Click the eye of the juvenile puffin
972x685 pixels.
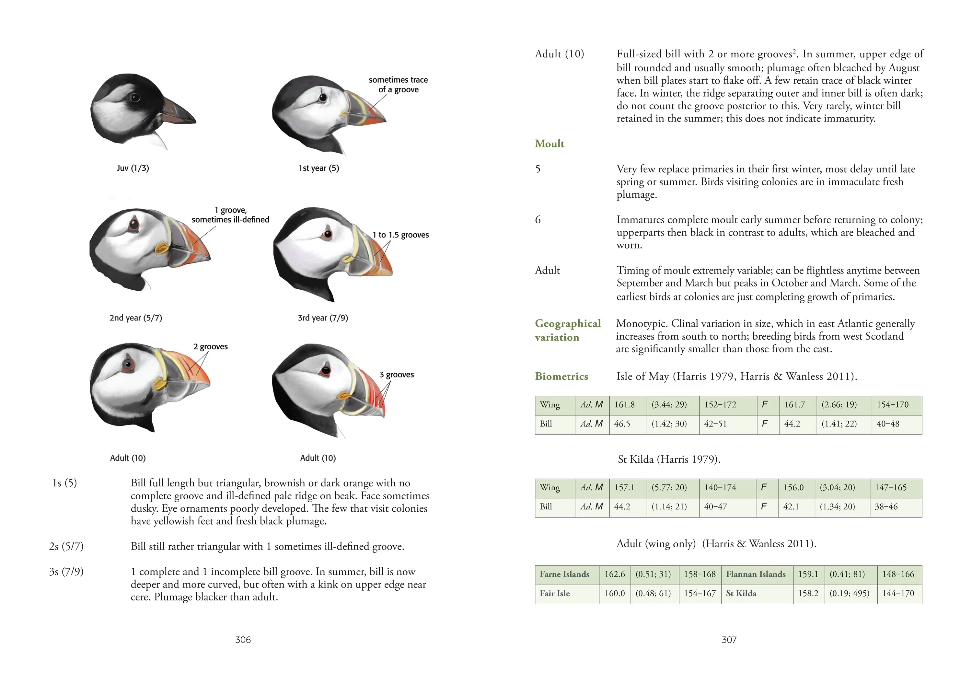[135, 98]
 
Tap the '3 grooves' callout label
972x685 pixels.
[396, 375]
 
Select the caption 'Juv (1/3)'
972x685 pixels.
[133, 168]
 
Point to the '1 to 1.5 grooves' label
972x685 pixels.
[400, 235]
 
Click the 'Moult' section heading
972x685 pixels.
[549, 144]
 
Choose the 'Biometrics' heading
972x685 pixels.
[561, 377]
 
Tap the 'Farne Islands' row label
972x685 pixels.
[564, 575]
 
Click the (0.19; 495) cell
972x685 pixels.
[849, 594]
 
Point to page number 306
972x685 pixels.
[243, 640]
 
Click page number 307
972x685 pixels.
[729, 640]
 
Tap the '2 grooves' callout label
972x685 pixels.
[210, 347]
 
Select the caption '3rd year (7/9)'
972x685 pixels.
[323, 318]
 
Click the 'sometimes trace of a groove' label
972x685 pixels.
[398, 85]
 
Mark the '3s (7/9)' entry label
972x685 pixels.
[66, 572]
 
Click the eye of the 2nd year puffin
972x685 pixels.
[134, 224]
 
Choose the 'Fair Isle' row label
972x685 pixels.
[555, 594]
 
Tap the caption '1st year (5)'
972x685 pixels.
[319, 168]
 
